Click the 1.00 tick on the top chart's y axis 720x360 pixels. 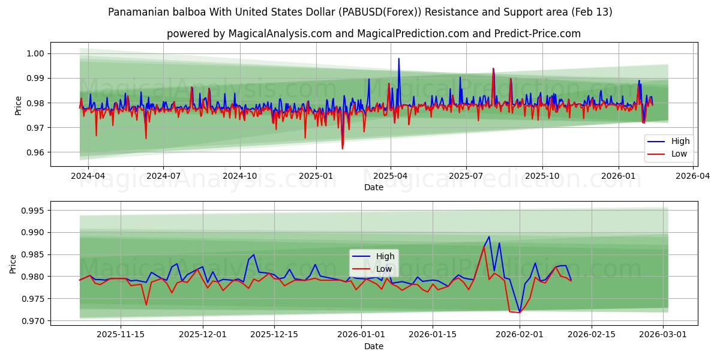(x=37, y=53)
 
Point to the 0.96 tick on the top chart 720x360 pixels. (x=37, y=152)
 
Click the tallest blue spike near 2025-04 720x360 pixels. (x=398, y=59)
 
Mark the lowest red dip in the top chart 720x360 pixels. (x=343, y=148)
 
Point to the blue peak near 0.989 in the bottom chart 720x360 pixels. (x=489, y=236)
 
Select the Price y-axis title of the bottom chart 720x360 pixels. (x=13, y=263)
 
